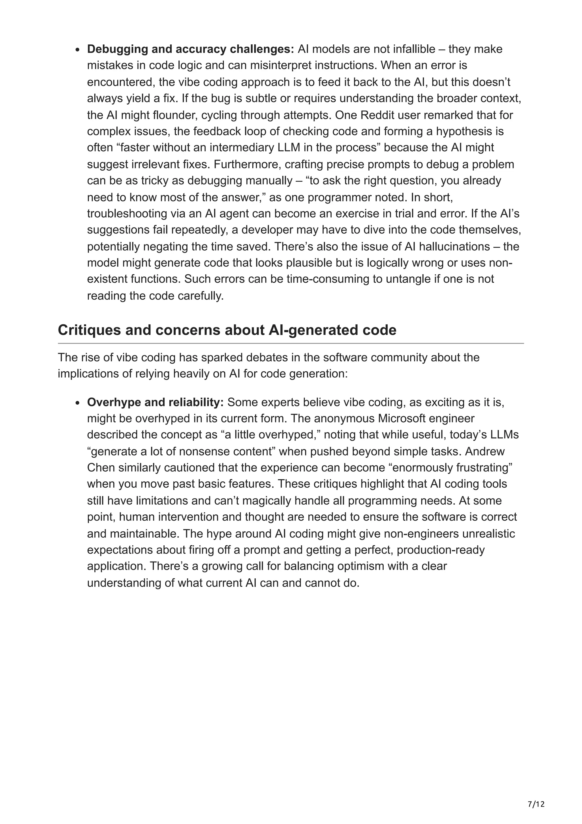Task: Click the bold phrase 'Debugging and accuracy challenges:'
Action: tap(190, 49)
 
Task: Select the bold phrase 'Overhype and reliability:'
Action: tap(155, 402)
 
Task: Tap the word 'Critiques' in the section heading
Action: tap(89, 330)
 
